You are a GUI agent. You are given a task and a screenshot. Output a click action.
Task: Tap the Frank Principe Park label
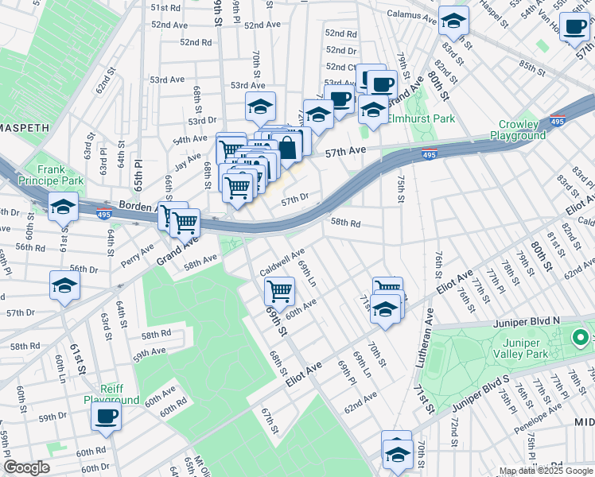coord(60,175)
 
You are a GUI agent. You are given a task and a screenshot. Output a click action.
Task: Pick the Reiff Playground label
coord(112,394)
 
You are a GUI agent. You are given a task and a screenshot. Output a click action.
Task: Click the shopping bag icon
coord(286,146)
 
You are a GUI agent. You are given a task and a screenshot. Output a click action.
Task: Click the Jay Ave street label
coord(188,163)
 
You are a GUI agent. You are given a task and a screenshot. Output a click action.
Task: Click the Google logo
coord(26,467)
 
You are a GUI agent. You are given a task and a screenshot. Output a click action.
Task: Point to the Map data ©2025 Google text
coord(545,471)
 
